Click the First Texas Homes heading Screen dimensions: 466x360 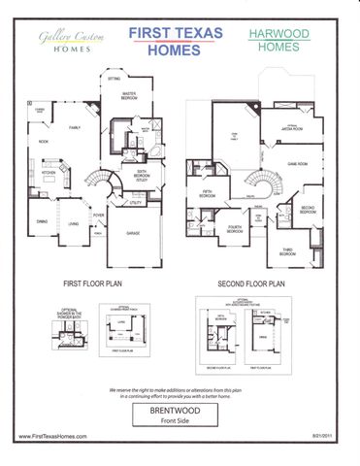pos(176,43)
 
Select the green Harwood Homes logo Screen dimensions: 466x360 pos(278,40)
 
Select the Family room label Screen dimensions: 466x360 pos(74,127)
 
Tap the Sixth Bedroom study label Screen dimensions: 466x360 pos(142,175)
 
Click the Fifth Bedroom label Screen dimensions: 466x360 pos(208,193)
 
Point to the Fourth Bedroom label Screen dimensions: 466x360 pos(234,229)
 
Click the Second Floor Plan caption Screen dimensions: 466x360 pos(250,283)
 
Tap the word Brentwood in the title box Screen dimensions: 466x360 pos(179,411)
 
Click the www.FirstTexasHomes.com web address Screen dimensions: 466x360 pos(53,437)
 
